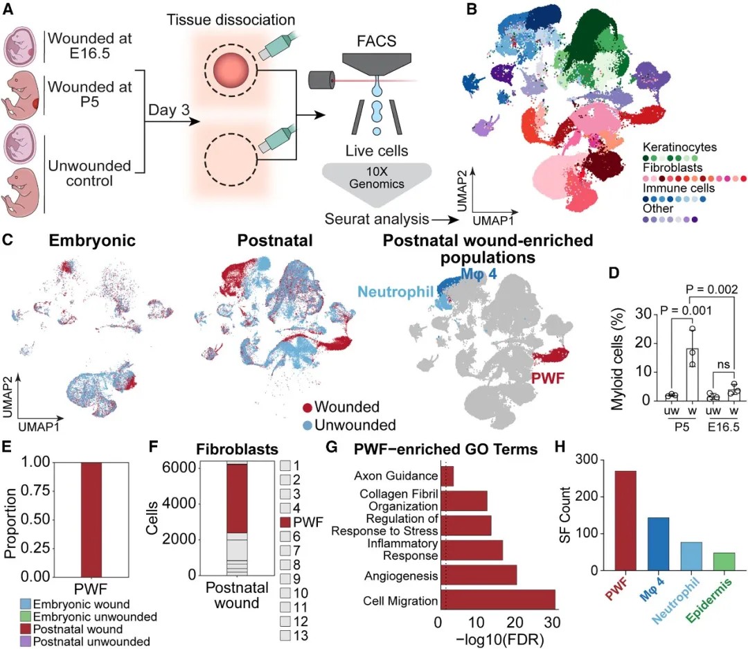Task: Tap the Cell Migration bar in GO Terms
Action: click(x=497, y=601)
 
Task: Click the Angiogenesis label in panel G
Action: click(x=403, y=576)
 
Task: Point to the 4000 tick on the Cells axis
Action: click(x=183, y=504)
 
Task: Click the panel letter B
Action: click(x=472, y=9)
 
